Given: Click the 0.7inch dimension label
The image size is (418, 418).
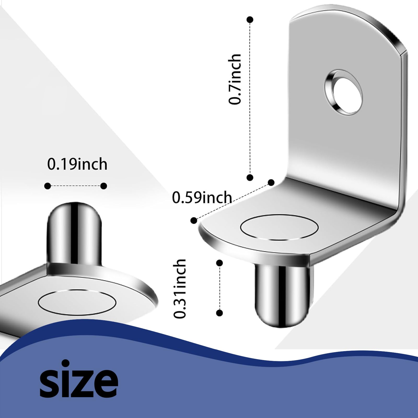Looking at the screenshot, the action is point(234,79).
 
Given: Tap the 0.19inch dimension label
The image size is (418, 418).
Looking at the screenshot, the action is point(77,164).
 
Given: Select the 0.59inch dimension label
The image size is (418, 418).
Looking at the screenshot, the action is point(202,198).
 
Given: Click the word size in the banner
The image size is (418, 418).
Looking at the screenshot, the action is point(79,379).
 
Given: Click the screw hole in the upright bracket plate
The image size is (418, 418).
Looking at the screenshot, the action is point(344,92).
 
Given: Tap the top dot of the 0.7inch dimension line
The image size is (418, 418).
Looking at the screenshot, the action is point(250,20).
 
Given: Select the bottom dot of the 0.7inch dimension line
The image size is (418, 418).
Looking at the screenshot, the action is point(250,178).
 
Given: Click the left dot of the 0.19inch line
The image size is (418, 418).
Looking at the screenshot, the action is point(48,186).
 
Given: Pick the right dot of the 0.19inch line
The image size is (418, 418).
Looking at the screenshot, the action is point(104,186).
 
